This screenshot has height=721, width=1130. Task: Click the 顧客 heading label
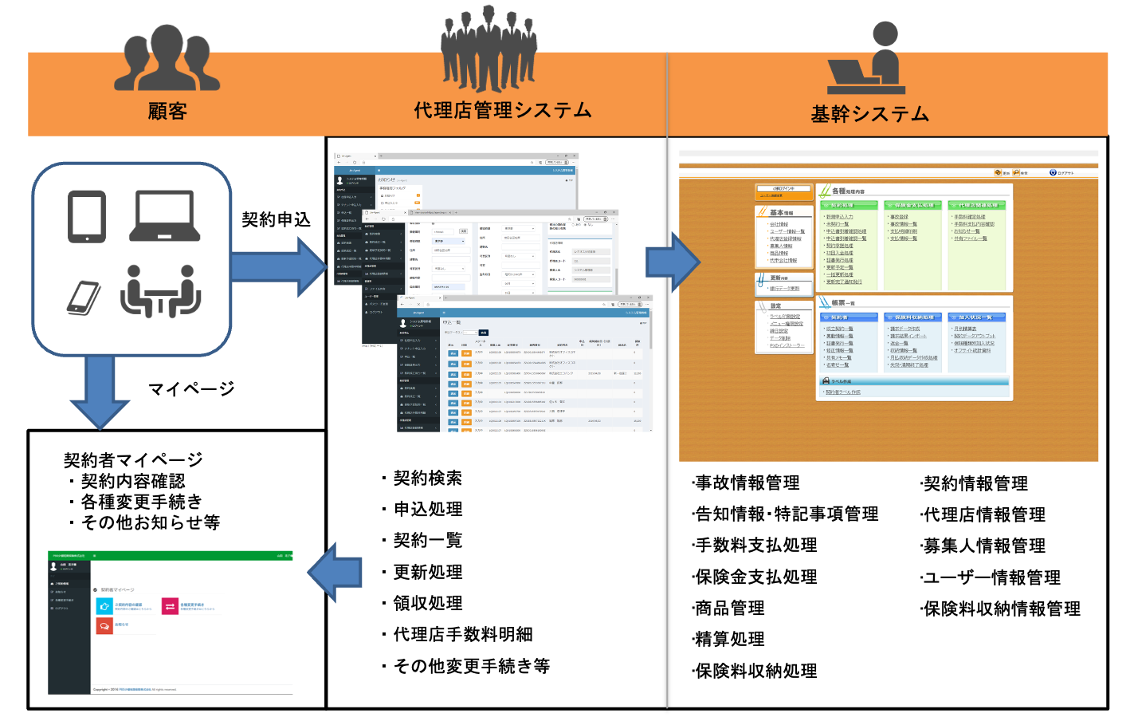[167, 111]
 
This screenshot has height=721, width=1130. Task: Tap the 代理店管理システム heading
[503, 110]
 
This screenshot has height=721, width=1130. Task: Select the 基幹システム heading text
[869, 114]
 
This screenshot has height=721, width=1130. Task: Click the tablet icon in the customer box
[87, 216]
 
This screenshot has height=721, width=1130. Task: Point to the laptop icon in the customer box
[164, 215]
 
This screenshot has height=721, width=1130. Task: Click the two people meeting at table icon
[160, 291]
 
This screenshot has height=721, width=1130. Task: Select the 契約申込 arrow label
[276, 219]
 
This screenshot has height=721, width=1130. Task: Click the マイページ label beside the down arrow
[191, 388]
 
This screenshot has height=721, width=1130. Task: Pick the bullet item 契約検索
[427, 478]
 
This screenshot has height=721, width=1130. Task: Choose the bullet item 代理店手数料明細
[462, 634]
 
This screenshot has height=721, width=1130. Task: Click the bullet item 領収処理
[427, 603]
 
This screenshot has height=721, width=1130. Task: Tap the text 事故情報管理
[747, 483]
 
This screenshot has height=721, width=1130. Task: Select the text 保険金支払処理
[755, 576]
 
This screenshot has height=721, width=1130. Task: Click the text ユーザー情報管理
[991, 577]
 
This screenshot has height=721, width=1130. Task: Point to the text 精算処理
[729, 639]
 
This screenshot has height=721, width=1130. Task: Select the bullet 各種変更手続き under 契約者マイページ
[141, 502]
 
